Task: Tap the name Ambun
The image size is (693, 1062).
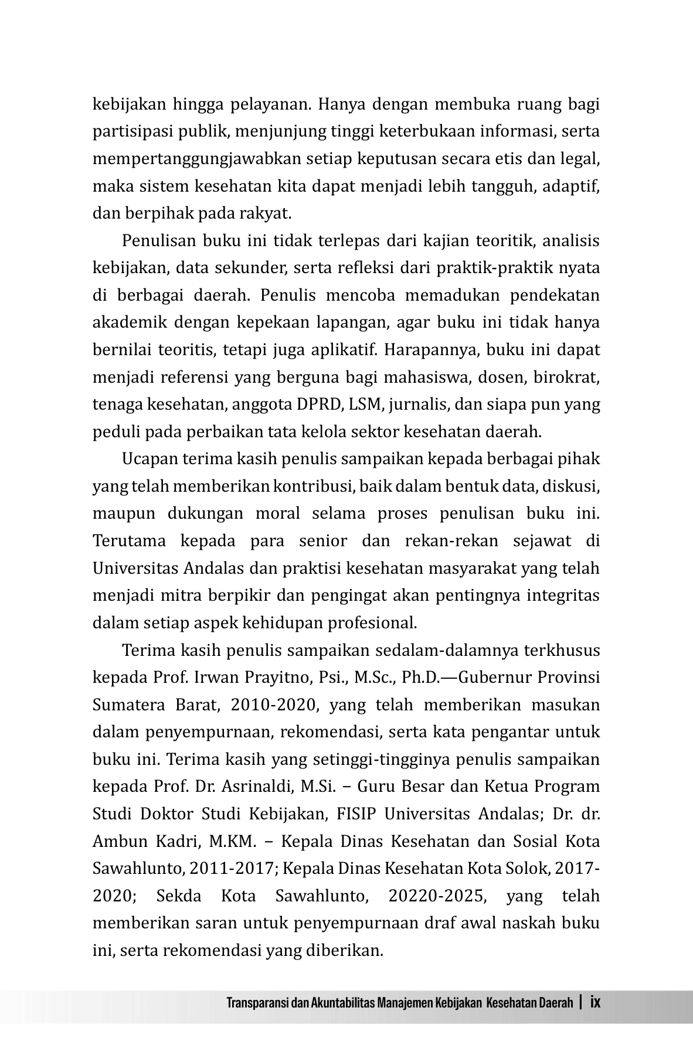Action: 114,842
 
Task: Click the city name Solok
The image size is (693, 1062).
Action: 526,869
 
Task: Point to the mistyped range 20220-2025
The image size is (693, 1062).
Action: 437,896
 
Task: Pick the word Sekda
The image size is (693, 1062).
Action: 179,896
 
